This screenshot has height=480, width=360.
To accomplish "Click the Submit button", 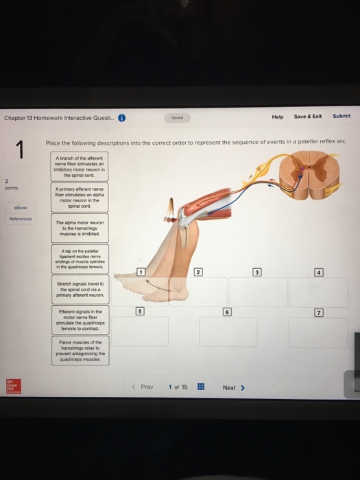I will click(x=341, y=117).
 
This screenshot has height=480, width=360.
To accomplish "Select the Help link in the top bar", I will click(x=277, y=117).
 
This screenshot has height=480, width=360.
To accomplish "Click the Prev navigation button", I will click(x=143, y=387).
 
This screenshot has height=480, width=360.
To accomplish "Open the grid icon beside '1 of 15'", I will click(x=201, y=387).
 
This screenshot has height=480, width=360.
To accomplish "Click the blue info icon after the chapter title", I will click(x=121, y=117).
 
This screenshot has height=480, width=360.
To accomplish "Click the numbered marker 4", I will click(x=318, y=273).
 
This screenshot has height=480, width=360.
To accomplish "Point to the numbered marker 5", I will click(x=141, y=311).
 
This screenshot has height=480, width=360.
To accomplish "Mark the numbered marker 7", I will click(x=318, y=313).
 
